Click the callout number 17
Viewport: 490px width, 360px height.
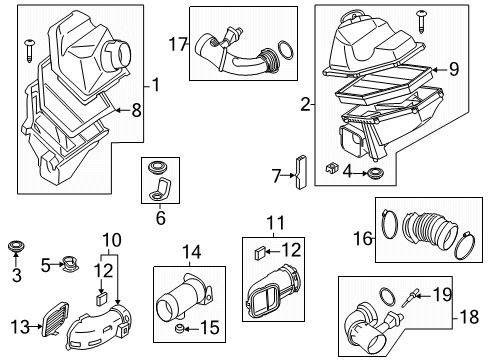coord(178,43)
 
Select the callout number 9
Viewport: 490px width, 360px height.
coord(453,69)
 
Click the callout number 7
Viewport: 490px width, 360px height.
coord(278,176)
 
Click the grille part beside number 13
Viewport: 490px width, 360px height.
coord(51,323)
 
